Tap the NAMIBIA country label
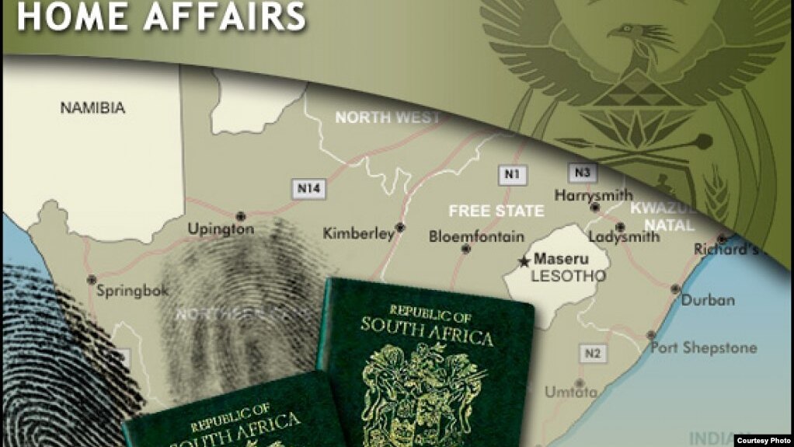92,108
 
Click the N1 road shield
511,174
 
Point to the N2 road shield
592,354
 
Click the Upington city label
221,229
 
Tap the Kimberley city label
359,233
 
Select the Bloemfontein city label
476,236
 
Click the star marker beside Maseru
524,261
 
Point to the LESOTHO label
557,276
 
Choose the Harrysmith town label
594,195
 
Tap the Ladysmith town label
624,236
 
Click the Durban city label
708,300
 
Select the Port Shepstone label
703,347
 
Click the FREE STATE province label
496,211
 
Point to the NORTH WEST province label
387,118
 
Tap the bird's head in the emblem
625,33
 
